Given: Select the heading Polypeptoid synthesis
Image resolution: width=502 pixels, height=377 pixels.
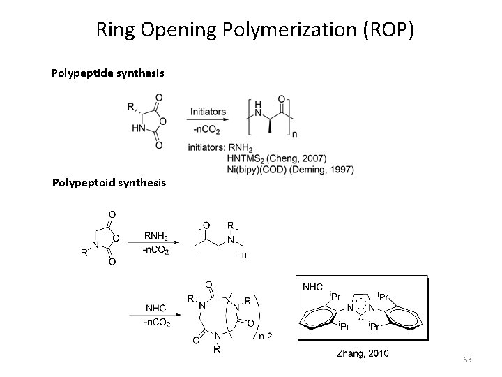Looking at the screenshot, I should (x=109, y=183).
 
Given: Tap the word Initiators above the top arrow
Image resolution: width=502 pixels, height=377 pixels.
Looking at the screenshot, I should (x=208, y=111).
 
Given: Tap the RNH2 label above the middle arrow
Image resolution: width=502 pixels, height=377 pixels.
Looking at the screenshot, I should (x=160, y=235).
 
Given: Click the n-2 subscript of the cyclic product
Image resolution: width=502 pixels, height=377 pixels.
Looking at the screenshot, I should (x=266, y=338).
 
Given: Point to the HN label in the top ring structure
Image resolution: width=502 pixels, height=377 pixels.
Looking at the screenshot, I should (x=137, y=128).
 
